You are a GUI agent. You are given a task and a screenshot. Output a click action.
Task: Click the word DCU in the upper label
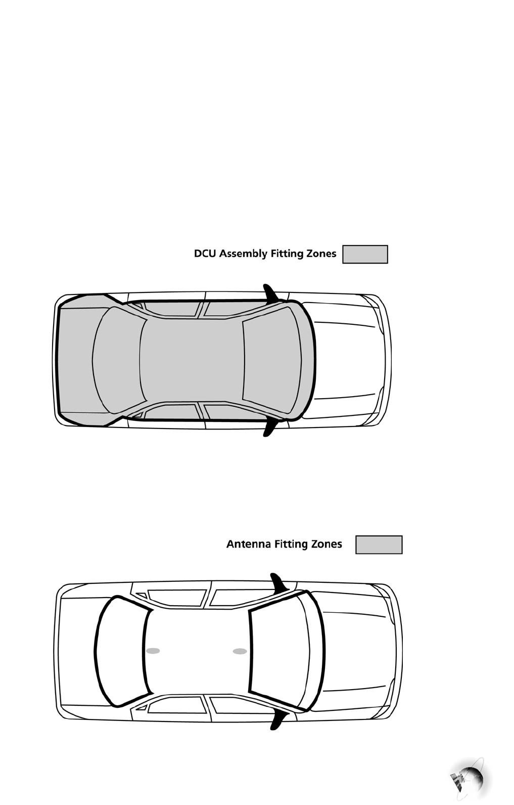click(x=205, y=253)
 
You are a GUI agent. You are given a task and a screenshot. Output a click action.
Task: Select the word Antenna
click(x=248, y=544)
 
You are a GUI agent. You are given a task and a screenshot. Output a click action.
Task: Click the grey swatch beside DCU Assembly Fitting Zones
click(x=365, y=255)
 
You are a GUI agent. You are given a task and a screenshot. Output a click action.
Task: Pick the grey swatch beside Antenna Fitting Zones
click(x=379, y=545)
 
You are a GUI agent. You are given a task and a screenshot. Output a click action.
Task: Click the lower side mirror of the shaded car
click(x=269, y=428)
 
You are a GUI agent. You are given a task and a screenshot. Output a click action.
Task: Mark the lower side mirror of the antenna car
click(x=277, y=719)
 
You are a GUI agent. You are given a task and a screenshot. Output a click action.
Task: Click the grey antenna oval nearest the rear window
click(x=153, y=651)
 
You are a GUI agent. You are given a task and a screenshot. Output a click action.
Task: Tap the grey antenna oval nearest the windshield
click(x=240, y=651)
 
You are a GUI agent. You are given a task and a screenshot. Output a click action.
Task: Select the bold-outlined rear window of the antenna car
click(x=121, y=651)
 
